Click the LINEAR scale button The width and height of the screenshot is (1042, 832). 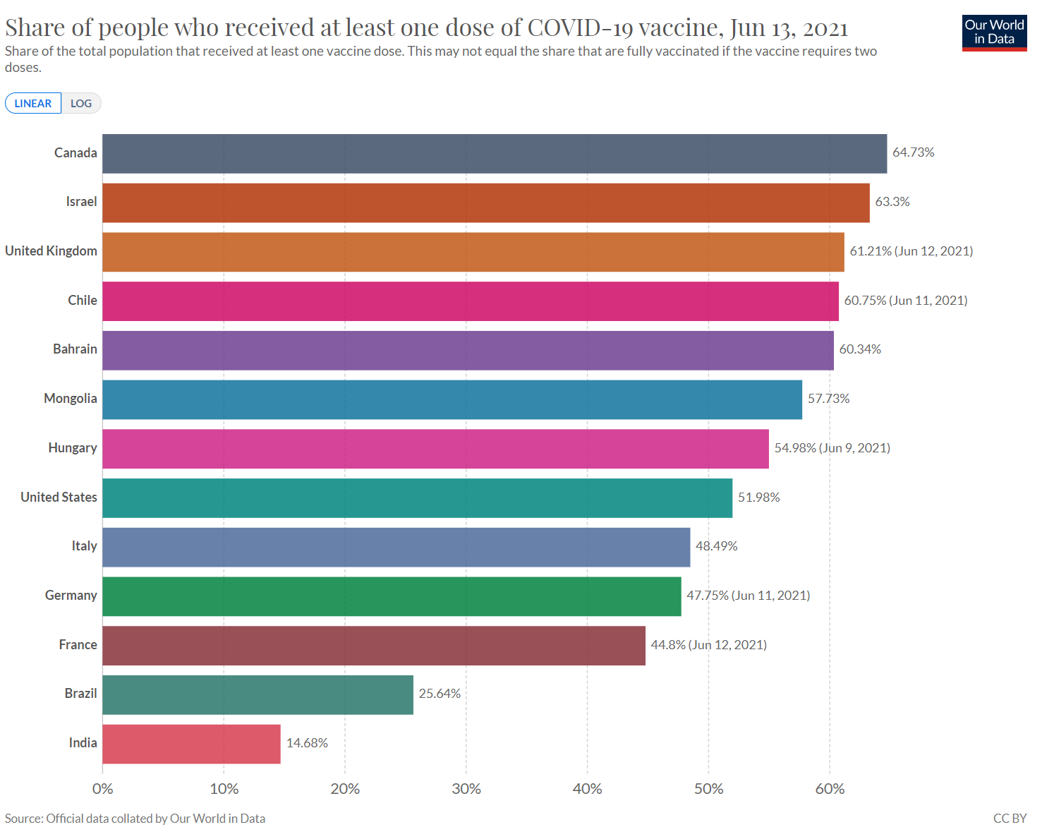[33, 103]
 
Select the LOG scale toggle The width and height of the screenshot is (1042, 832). [81, 103]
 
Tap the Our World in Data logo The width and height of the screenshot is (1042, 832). [994, 32]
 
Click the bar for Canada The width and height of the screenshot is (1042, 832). [494, 154]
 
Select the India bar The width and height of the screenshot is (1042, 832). [191, 744]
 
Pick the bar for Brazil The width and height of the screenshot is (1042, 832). [258, 695]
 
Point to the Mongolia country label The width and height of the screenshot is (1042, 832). [71, 399]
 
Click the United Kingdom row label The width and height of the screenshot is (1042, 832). [51, 251]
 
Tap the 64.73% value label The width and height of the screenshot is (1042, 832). [913, 152]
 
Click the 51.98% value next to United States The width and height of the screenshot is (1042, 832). [758, 498]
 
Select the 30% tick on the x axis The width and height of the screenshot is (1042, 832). [466, 789]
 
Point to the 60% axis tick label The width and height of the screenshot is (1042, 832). [830, 789]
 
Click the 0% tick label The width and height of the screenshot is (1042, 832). [103, 789]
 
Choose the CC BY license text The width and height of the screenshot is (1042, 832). [1010, 819]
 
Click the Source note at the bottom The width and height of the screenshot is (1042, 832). [135, 819]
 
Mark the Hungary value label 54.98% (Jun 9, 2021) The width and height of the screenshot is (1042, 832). [832, 448]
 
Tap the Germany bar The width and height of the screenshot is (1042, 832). [392, 596]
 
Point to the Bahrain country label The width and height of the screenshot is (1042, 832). [75, 349]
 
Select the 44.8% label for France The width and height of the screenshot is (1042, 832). [708, 645]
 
